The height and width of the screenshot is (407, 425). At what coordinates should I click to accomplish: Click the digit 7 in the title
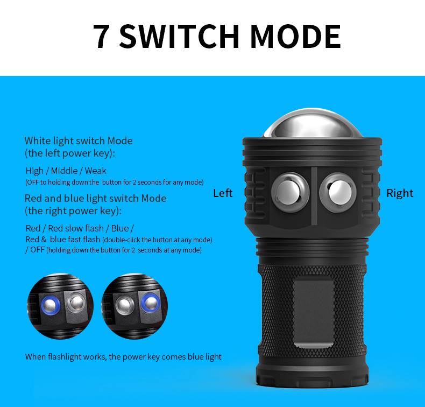point(101,36)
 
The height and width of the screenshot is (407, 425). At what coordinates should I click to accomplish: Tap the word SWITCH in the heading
point(179,36)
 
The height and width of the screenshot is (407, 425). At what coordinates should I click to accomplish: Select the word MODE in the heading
point(295,36)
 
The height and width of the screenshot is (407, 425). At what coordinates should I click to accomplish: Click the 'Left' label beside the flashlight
point(223,193)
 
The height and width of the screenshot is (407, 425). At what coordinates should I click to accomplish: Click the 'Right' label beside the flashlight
point(400,193)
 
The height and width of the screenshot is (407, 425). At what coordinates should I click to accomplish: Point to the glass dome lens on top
point(312,123)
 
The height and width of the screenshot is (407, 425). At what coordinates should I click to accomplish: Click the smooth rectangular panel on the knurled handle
point(313,313)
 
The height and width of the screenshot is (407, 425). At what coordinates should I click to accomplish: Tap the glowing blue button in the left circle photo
point(51,305)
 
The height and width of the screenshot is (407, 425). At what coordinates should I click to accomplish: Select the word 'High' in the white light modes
point(34,171)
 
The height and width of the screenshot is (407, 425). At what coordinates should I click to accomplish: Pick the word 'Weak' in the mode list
point(96,171)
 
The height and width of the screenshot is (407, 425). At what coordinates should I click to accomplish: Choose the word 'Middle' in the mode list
point(64,171)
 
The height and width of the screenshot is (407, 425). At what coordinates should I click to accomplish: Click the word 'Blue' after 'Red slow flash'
point(120,228)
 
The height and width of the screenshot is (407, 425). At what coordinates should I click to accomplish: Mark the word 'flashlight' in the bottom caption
point(65,357)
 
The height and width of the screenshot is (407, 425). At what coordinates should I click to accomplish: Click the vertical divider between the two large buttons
point(314,196)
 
